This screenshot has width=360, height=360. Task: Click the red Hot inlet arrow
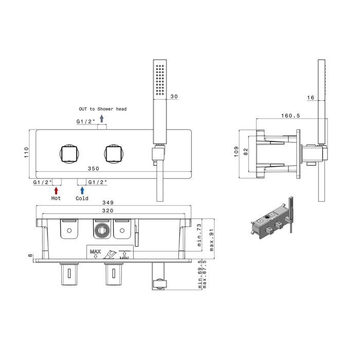(56, 191)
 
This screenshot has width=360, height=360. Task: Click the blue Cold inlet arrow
(82, 191)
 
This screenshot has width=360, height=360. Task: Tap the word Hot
(56, 198)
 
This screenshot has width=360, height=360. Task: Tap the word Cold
(82, 198)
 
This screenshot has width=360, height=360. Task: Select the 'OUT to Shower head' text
(103, 109)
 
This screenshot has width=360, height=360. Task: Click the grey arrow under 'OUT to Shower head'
(102, 119)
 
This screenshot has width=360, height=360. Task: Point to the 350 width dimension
(94, 169)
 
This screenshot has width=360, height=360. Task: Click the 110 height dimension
(26, 152)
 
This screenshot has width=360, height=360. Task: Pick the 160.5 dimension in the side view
(291, 116)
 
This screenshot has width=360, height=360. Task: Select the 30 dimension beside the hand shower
(174, 97)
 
